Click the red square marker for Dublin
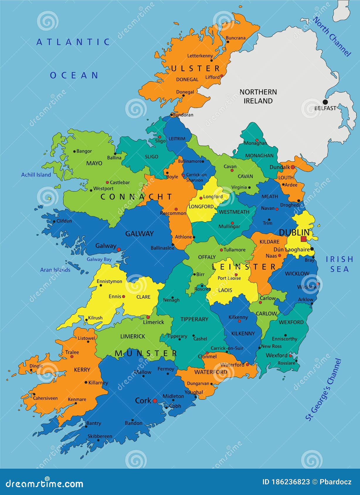[x=303, y=239]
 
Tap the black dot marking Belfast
[x=325, y=102]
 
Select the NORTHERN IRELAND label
[x=258, y=96]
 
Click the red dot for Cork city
[x=155, y=401]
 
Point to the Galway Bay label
[x=99, y=259]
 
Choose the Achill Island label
[x=36, y=175]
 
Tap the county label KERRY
[x=82, y=370]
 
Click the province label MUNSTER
[x=146, y=354]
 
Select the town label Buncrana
[x=235, y=38]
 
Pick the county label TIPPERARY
[x=194, y=319]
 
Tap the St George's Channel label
[x=324, y=390]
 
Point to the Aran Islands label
[x=55, y=270]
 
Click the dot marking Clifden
[x=54, y=221]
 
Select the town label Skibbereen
[x=100, y=436]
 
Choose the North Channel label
[x=332, y=37]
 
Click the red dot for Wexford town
[x=290, y=356]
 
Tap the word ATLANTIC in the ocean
[x=73, y=42]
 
